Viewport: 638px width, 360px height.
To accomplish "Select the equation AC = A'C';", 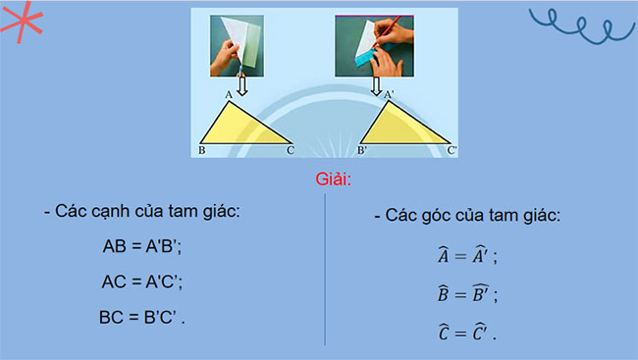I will point(142,282).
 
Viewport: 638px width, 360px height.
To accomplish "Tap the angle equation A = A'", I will point(467,257).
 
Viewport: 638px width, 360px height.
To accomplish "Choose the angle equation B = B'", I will point(467,293).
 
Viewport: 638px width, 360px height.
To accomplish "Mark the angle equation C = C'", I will point(467,331).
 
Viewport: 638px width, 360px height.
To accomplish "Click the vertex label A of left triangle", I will point(228,95).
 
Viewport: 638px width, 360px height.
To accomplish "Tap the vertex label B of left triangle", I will point(201,151).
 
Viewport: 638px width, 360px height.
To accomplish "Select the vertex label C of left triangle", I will point(291,151).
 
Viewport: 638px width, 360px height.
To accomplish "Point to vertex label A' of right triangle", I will point(390,95).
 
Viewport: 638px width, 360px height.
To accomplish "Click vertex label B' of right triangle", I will point(362,151).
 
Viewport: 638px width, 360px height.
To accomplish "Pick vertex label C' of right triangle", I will point(452,151).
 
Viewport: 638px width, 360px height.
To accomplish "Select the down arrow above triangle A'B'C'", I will point(376,86).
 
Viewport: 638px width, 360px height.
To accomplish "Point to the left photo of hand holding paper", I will point(238,43).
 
